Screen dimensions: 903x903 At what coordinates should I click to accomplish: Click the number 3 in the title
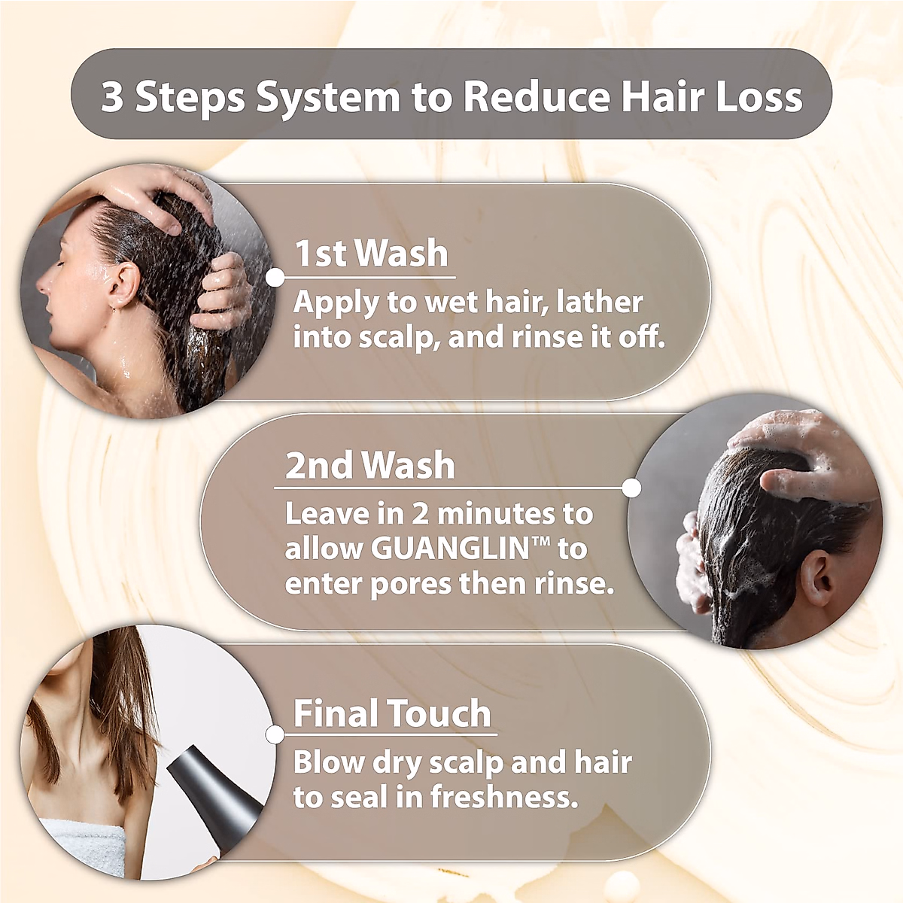point(112,97)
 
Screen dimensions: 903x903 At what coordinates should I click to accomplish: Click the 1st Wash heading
point(371,254)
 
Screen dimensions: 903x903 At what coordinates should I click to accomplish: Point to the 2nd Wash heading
point(369,466)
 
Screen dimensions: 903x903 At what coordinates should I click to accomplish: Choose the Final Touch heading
point(391,713)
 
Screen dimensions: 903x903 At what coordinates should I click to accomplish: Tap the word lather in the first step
point(600,303)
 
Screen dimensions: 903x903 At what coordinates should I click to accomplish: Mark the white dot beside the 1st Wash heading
point(275,278)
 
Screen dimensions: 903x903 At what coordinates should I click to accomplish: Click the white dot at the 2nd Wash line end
point(632,488)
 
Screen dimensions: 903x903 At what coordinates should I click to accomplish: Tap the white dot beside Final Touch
point(275,735)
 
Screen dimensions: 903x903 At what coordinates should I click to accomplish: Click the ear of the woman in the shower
point(123,286)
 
